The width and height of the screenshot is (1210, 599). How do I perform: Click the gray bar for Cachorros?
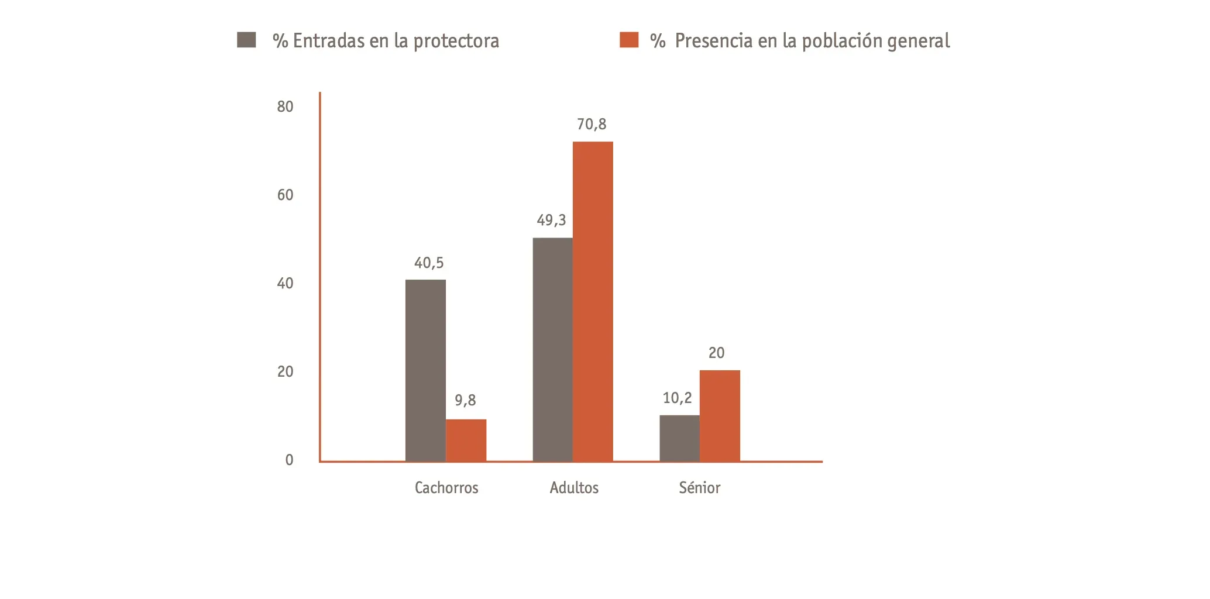(425, 370)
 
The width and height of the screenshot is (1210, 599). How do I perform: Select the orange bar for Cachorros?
(466, 440)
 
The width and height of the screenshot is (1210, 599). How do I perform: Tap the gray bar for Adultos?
(552, 349)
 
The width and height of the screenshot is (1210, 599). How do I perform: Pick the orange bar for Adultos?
(593, 301)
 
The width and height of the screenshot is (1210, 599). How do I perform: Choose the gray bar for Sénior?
(679, 438)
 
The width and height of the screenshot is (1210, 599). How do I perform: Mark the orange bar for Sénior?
(720, 415)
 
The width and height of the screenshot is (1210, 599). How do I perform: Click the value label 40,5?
(429, 263)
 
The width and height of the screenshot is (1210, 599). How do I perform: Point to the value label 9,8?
(465, 401)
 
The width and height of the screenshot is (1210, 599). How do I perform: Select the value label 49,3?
(551, 221)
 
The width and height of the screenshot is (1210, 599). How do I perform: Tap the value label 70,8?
(592, 125)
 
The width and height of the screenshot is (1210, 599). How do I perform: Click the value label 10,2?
(677, 398)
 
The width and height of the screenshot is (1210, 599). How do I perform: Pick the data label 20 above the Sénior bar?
(716, 353)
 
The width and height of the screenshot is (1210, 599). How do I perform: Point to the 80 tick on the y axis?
(285, 107)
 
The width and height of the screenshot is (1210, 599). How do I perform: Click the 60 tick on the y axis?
(285, 195)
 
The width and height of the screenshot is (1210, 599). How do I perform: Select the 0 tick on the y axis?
(289, 460)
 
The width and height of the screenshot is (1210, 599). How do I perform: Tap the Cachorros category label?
(446, 488)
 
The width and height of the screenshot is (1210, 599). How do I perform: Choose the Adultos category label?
(574, 488)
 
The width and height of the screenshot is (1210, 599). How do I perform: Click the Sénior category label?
(699, 488)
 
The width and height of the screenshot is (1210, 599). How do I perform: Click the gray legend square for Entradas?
(246, 40)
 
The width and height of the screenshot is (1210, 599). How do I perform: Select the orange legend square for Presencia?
(629, 40)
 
